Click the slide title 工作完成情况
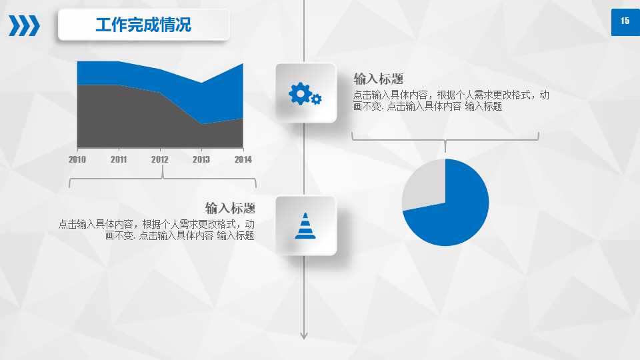click(143, 25)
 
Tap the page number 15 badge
click(625, 21)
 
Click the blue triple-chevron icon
click(24, 25)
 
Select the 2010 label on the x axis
click(77, 160)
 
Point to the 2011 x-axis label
click(119, 160)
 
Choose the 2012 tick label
click(160, 160)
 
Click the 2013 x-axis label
click(201, 160)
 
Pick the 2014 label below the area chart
click(243, 160)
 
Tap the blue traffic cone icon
click(305, 225)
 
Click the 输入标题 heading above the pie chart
click(379, 78)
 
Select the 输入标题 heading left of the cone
click(230, 207)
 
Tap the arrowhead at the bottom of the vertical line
click(304, 335)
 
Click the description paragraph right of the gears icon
click(451, 101)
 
